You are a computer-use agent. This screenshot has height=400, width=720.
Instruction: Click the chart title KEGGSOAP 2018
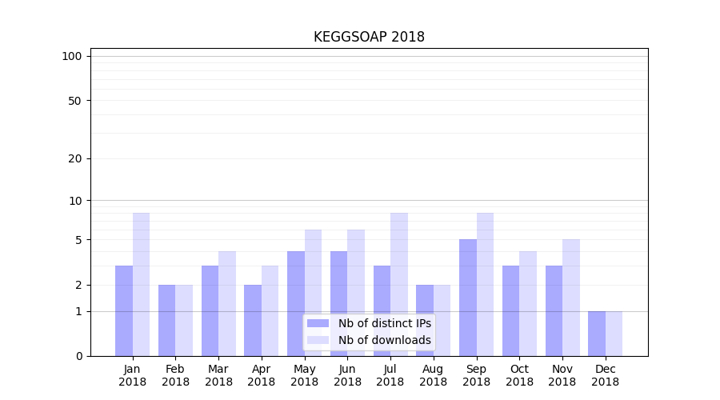click(369, 37)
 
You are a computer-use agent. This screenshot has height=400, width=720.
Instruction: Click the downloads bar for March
click(227, 303)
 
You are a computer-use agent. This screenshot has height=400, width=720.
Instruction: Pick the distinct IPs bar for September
click(468, 298)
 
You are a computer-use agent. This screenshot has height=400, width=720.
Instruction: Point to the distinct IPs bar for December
click(597, 334)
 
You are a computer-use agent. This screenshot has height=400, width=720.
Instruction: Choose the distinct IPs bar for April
click(253, 320)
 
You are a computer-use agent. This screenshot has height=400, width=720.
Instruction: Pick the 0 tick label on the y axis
click(78, 356)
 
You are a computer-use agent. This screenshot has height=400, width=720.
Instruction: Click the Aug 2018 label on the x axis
click(434, 375)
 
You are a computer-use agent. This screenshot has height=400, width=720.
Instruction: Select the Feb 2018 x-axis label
click(175, 375)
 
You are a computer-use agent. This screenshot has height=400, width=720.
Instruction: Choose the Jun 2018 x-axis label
click(347, 375)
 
